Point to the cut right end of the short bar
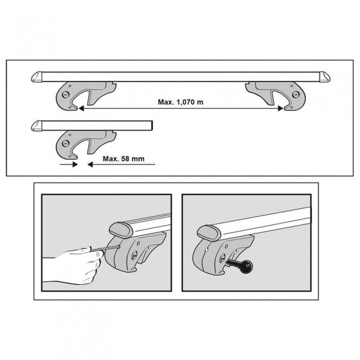pyautogui.click(x=152, y=125)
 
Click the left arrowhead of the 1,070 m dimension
pyautogui.click(x=82, y=109)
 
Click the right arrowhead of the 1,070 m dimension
pyautogui.click(x=280, y=109)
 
